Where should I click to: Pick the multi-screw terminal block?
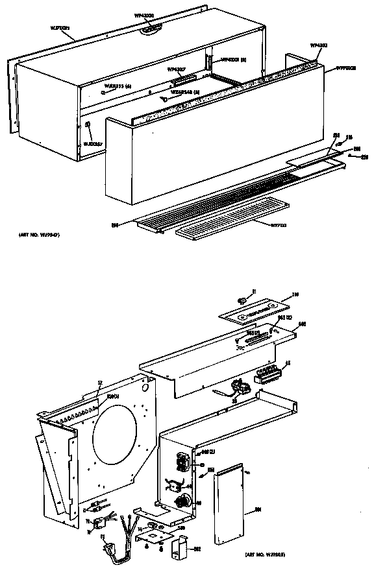pos(268,375)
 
